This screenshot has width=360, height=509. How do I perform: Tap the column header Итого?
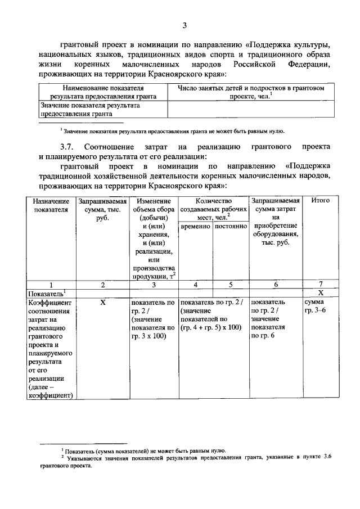tap(320, 201)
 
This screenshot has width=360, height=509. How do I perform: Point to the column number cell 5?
tap(231, 285)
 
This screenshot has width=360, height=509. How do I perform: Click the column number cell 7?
tap(320, 285)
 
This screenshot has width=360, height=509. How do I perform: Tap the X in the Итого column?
tap(320, 293)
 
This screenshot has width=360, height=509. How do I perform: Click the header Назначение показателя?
tap(51, 205)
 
